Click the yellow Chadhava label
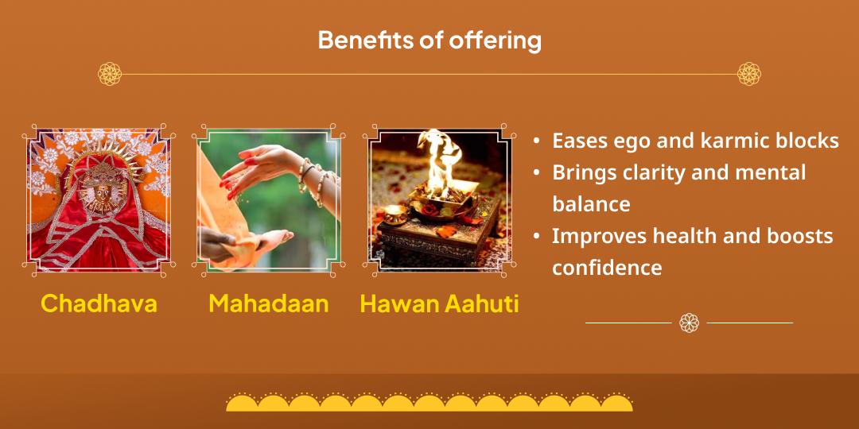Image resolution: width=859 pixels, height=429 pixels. [x=99, y=303]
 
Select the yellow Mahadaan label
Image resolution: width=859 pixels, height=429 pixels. [x=269, y=303]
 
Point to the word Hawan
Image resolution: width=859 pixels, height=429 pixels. [x=399, y=304]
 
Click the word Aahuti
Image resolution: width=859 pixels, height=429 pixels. [x=482, y=304]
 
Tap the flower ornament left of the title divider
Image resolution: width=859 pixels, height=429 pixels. [x=110, y=74]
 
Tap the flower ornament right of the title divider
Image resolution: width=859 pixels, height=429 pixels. [x=749, y=74]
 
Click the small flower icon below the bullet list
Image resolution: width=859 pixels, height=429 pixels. [x=689, y=323]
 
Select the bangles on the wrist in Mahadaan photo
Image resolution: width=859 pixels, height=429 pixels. [x=313, y=180]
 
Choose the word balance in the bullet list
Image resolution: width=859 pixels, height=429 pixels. [x=591, y=204]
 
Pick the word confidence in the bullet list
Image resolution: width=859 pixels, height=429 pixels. [x=607, y=269]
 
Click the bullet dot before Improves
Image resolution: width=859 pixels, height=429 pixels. [x=538, y=237]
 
